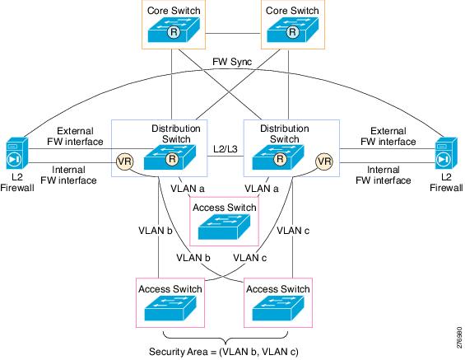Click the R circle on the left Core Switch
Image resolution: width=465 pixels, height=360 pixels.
(x=174, y=32)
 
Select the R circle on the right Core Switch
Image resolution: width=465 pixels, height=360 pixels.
(x=292, y=32)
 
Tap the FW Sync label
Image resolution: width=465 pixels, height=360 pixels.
(x=232, y=62)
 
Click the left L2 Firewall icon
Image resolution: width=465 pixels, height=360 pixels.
(x=17, y=153)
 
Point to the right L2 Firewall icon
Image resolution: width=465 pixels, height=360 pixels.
(x=446, y=153)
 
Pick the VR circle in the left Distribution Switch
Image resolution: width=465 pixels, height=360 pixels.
(x=124, y=161)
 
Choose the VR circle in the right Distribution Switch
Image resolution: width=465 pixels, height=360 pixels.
(x=324, y=161)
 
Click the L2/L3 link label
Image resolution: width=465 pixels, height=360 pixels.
(x=226, y=149)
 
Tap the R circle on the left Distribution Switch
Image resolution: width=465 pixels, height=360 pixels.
(x=172, y=159)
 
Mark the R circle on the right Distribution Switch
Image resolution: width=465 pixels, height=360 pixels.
(x=280, y=159)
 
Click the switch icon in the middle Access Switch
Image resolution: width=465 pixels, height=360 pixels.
(x=224, y=227)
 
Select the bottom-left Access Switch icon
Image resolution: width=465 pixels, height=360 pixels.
(x=170, y=308)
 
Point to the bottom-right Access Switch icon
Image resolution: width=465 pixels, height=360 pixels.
(x=278, y=308)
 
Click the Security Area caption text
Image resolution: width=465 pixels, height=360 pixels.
(x=224, y=352)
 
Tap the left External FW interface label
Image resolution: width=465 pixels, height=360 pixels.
(x=76, y=136)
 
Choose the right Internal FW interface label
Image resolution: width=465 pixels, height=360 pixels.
(x=384, y=175)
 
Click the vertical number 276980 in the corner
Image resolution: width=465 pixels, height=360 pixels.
(x=459, y=338)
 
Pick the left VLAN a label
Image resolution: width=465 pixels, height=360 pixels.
(x=188, y=189)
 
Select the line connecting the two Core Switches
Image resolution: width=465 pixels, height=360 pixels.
(x=234, y=33)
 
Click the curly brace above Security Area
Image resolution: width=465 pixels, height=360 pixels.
(x=226, y=338)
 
